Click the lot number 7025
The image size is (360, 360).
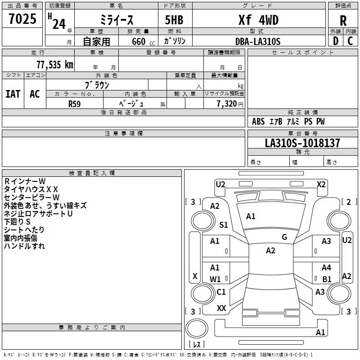[22, 20]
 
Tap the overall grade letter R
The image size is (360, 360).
[343, 21]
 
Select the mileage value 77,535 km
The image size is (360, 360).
[53, 65]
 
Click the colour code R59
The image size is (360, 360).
[75, 103]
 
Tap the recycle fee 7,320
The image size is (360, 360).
[223, 103]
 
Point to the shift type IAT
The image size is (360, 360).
[13, 94]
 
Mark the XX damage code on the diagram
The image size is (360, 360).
[221, 308]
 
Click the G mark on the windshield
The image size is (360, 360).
[284, 237]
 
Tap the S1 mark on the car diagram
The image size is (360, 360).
[224, 225]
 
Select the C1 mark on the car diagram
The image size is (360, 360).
[221, 292]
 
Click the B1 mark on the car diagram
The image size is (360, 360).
[327, 279]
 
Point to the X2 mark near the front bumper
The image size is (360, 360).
[321, 184]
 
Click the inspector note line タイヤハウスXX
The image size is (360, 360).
[31, 189]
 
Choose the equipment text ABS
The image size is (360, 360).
[258, 121]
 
